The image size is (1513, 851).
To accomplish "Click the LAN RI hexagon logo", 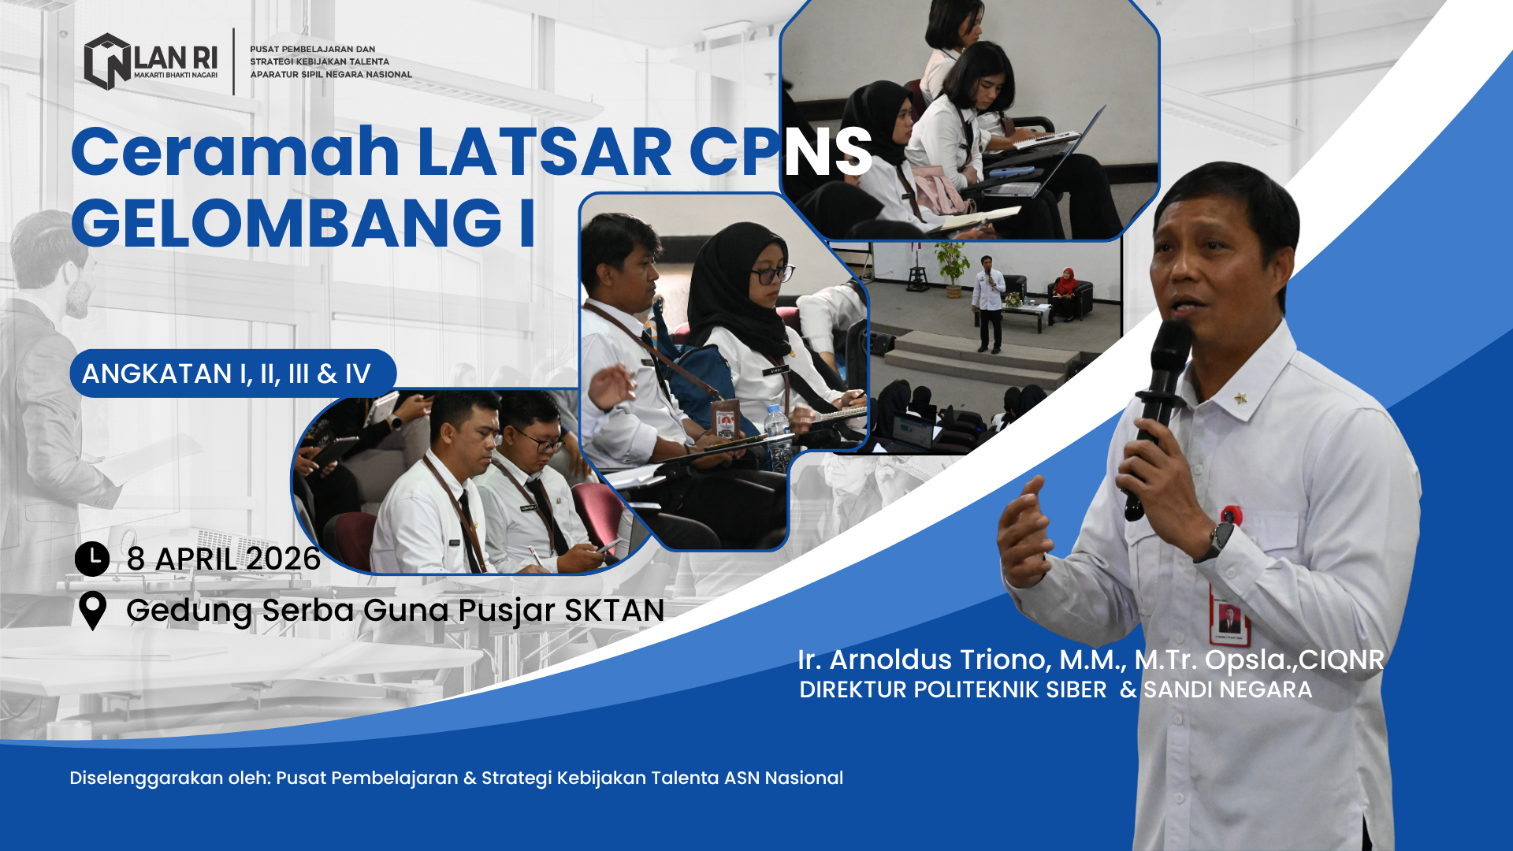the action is click(x=107, y=61).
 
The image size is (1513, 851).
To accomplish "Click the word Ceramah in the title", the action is click(x=236, y=151).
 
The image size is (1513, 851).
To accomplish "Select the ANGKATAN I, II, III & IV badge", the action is click(x=232, y=373).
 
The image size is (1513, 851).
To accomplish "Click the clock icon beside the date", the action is click(x=92, y=559).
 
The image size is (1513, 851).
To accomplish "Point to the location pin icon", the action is click(x=93, y=611).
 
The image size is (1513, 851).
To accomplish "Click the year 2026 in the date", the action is click(x=281, y=559).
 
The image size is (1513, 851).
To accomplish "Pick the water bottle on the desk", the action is click(x=778, y=438).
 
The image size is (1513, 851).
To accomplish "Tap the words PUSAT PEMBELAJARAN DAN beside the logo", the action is click(x=312, y=49).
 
